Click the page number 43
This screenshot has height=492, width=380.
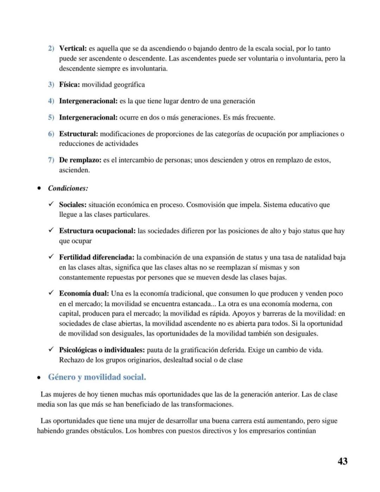[342, 461]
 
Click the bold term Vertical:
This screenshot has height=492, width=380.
[73, 49]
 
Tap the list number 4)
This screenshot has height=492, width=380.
[51, 101]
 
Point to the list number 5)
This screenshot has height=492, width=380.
[51, 118]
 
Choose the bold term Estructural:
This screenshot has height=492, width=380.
[78, 134]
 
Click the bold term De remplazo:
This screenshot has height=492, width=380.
[80, 160]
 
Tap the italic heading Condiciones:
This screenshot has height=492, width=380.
[68, 188]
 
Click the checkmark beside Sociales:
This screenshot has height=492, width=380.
[51, 204]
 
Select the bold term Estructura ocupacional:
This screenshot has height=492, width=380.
[97, 231]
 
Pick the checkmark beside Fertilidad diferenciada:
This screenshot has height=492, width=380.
[51, 257]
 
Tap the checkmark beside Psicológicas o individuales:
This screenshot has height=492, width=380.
[51, 350]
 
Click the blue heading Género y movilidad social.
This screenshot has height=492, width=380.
[97, 377]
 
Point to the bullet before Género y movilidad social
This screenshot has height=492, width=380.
[39, 378]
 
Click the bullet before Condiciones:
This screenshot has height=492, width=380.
[39, 188]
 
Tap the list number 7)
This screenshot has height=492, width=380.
[51, 160]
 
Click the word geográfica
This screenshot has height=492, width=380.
[127, 85]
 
